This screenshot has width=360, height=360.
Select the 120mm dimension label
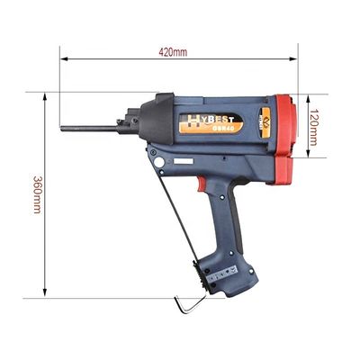(x=312, y=127)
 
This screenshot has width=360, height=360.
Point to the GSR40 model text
(x=220, y=128)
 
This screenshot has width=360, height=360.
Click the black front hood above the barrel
(x=155, y=115)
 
